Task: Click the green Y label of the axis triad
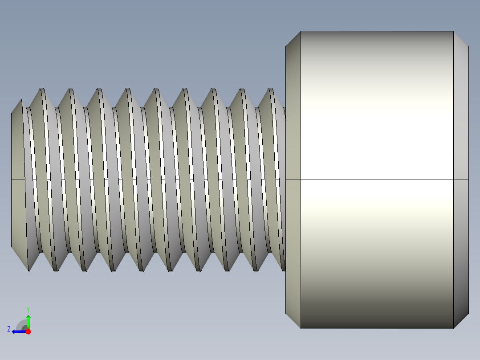[28, 309]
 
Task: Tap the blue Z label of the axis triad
[9, 329]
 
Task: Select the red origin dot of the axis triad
[28, 331]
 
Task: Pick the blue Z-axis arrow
[18, 331]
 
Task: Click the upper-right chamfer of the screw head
[461, 39]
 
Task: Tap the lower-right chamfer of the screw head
[461, 320]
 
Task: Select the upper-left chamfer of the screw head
[293, 39]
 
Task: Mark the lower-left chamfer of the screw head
[293, 320]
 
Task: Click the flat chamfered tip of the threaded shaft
[17, 178]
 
